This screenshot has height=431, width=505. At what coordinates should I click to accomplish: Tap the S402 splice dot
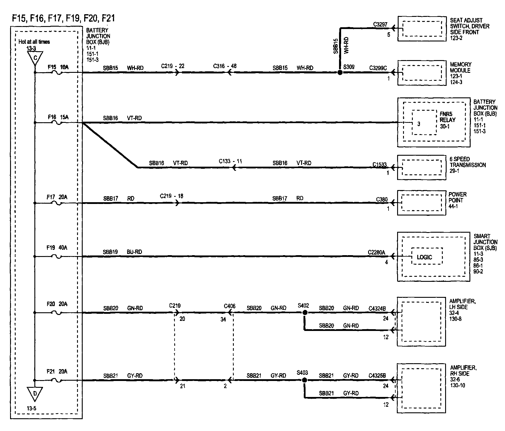point(304,313)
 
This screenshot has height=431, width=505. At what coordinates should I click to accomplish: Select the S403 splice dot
point(304,380)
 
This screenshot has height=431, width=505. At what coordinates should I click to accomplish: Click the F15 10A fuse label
point(58,67)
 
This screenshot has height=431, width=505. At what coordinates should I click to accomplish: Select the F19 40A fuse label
point(57,248)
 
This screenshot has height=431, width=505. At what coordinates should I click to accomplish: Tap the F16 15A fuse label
point(58,117)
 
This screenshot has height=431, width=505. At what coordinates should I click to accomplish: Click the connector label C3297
point(380,25)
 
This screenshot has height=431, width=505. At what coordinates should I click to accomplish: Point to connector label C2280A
point(376,253)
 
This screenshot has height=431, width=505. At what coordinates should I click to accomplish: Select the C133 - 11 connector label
point(231,161)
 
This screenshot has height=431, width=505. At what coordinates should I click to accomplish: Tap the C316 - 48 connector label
point(225,66)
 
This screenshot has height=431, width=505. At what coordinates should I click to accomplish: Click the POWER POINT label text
point(458,197)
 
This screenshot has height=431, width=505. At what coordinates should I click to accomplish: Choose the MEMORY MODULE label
point(461,67)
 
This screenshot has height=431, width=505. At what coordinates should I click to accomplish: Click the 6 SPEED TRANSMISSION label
point(468,162)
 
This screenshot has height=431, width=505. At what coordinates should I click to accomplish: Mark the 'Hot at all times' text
point(34,42)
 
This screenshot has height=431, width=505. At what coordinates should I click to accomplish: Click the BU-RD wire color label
point(135,252)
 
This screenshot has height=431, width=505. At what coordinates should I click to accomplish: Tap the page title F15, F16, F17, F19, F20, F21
point(63,18)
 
